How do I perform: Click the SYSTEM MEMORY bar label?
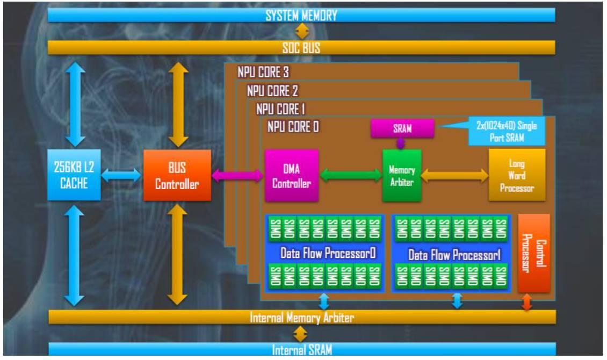pyautogui.click(x=301, y=16)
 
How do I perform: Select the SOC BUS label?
pyautogui.click(x=301, y=48)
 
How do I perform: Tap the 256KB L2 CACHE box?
pyautogui.click(x=74, y=175)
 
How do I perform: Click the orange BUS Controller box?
pyautogui.click(x=177, y=175)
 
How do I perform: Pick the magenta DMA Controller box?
pyautogui.click(x=292, y=176)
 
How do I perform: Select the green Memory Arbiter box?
pyautogui.click(x=402, y=176)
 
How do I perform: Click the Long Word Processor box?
pyautogui.click(x=516, y=175)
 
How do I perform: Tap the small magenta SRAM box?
pyautogui.click(x=402, y=128)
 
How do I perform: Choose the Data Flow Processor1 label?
pyautogui.click(x=454, y=254)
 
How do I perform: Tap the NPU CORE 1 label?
pyautogui.click(x=281, y=109)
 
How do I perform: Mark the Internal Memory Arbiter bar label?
pyautogui.click(x=302, y=318)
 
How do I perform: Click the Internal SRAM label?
pyautogui.click(x=302, y=350)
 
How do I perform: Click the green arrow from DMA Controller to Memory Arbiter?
pyautogui.click(x=350, y=175)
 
